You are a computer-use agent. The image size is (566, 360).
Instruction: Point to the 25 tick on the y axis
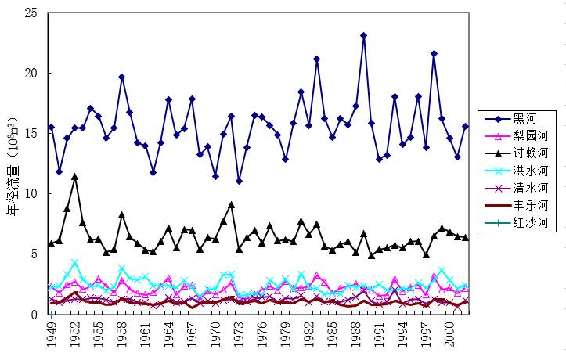coord(33,13)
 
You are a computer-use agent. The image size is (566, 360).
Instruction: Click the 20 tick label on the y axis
coord(33,74)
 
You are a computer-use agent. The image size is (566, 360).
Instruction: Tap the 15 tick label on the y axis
coord(33,134)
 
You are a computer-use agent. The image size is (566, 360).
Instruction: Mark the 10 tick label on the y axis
coord(33,193)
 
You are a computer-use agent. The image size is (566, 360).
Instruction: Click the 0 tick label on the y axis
coord(36,314)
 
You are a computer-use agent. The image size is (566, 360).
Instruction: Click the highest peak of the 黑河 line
coord(364,35)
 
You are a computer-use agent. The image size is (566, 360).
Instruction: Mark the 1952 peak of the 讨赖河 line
coord(74,176)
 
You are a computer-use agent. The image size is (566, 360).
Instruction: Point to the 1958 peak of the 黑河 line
coord(121,77)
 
